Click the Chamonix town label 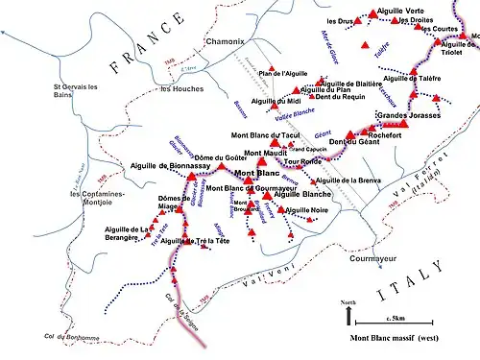click(226, 43)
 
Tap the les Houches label click(180, 89)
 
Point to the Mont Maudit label click(266, 154)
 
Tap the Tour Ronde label click(303, 162)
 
